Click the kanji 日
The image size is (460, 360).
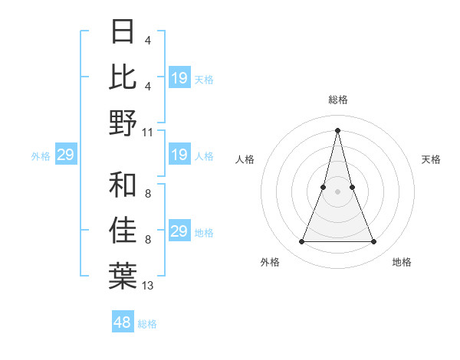coord(123,31)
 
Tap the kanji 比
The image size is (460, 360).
coord(123,77)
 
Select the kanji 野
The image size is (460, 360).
coord(123,123)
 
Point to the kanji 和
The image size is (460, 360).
coord(123,185)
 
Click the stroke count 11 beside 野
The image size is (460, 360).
coord(148,132)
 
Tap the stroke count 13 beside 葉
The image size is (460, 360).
coord(148,285)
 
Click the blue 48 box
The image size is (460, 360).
coord(123,322)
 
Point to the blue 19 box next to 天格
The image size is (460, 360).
coord(179,78)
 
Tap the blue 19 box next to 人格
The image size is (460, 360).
coord(179,155)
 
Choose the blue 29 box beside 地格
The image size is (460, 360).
coord(179,231)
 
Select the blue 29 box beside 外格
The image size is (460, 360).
coord(66,155)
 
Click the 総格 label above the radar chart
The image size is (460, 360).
coord(337,100)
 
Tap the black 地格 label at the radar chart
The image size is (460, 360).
coord(402,262)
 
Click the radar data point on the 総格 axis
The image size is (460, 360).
coord(337,129)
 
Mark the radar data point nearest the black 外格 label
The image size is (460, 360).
coord(301,242)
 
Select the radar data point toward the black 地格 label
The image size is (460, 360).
coord(374,242)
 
